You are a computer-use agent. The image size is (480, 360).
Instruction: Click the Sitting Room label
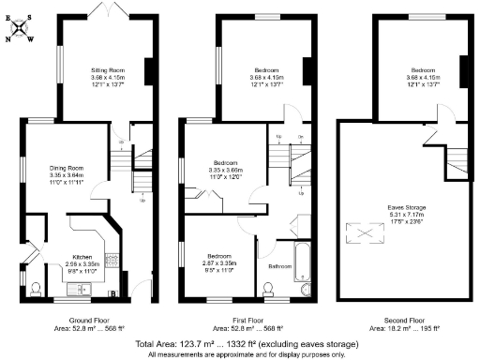point(104,69)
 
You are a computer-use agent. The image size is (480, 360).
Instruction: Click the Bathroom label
point(279,266)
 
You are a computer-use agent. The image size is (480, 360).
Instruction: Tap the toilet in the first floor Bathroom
point(270,291)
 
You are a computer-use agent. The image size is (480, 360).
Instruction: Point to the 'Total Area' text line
point(238,345)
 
